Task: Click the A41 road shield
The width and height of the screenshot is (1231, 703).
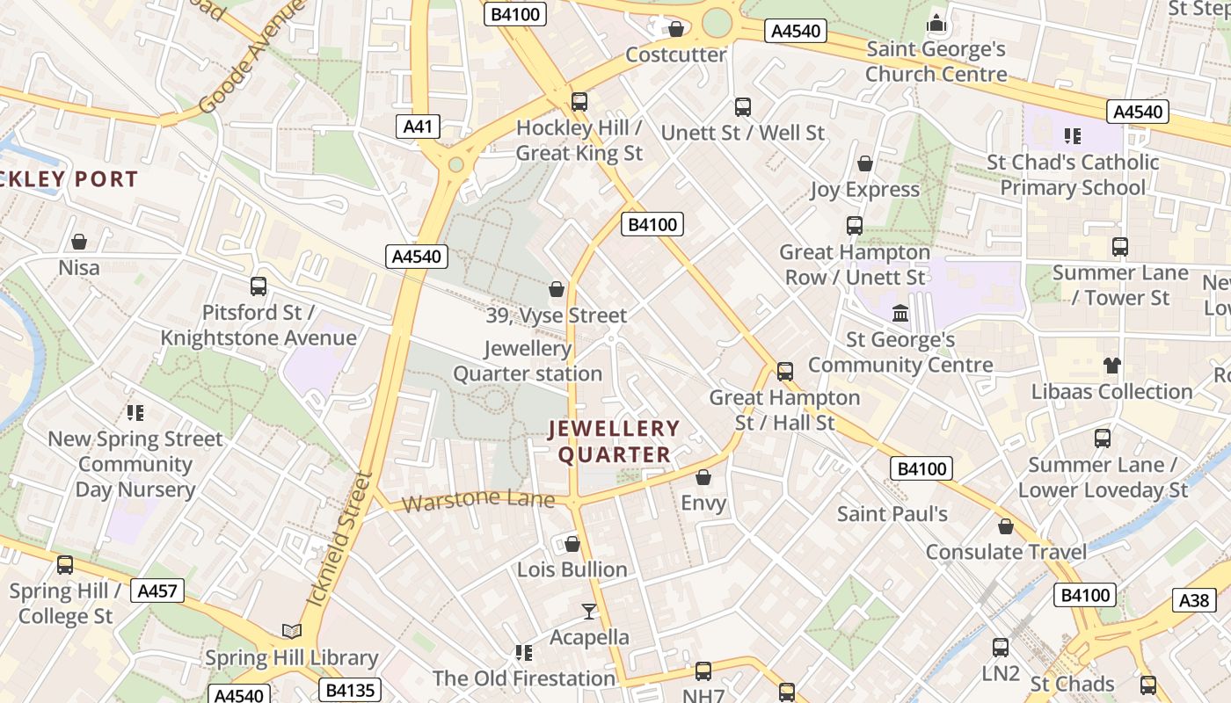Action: point(418,127)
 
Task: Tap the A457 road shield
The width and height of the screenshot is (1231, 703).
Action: point(157,591)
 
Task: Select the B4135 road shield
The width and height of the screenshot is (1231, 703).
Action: point(350,690)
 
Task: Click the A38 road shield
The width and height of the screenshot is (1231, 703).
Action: point(1193,600)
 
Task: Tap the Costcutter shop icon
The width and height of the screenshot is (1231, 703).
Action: point(676,29)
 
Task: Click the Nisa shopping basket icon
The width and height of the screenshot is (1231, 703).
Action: point(79,241)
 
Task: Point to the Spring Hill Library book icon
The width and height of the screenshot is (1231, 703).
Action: point(291,631)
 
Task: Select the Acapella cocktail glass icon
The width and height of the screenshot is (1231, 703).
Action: point(589,611)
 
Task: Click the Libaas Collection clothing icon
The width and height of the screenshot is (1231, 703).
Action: point(1111,366)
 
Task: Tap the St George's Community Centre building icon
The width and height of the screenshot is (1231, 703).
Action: point(900,313)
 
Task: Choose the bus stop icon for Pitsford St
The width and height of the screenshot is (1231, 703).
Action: point(259,286)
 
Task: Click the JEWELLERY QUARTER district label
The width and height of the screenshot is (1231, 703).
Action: point(614,441)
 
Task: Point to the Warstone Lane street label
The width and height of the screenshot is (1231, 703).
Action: point(478,502)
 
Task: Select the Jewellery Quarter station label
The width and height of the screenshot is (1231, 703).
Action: point(528,361)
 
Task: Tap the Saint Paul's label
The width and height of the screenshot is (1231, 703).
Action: point(892,513)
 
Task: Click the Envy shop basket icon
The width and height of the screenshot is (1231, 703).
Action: point(703,477)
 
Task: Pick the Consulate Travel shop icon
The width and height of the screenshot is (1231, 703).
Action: point(1006,526)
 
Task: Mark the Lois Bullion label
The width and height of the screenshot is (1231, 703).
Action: point(572,569)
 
